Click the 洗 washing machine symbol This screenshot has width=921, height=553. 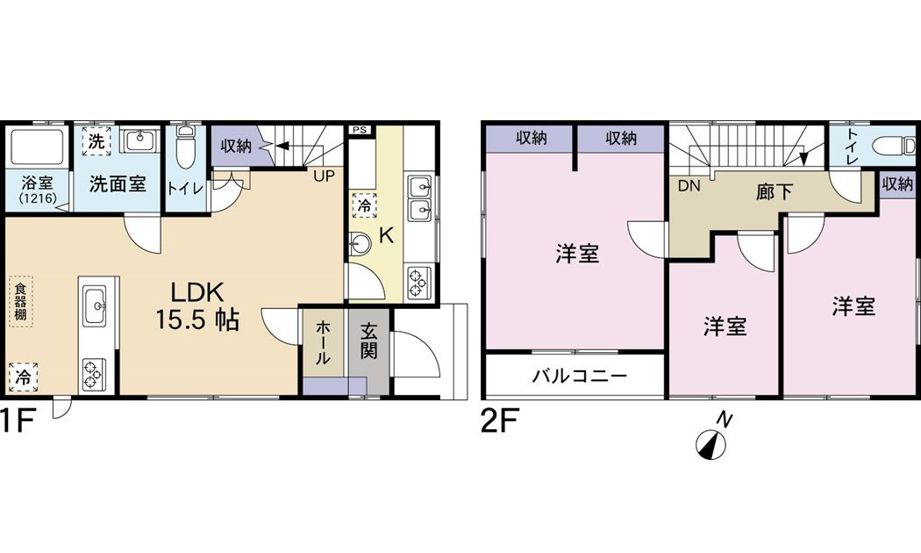pyautogui.click(x=96, y=141)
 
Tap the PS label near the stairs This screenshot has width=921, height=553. pyautogui.click(x=359, y=131)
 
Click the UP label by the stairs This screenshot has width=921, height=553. pyautogui.click(x=325, y=175)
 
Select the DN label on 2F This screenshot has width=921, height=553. pyautogui.click(x=689, y=185)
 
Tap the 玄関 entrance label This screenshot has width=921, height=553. pyautogui.click(x=369, y=342)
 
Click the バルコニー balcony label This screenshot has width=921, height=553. pyautogui.click(x=580, y=377)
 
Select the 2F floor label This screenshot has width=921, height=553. pyautogui.click(x=501, y=423)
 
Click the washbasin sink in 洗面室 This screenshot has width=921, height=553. pyautogui.click(x=139, y=140)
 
